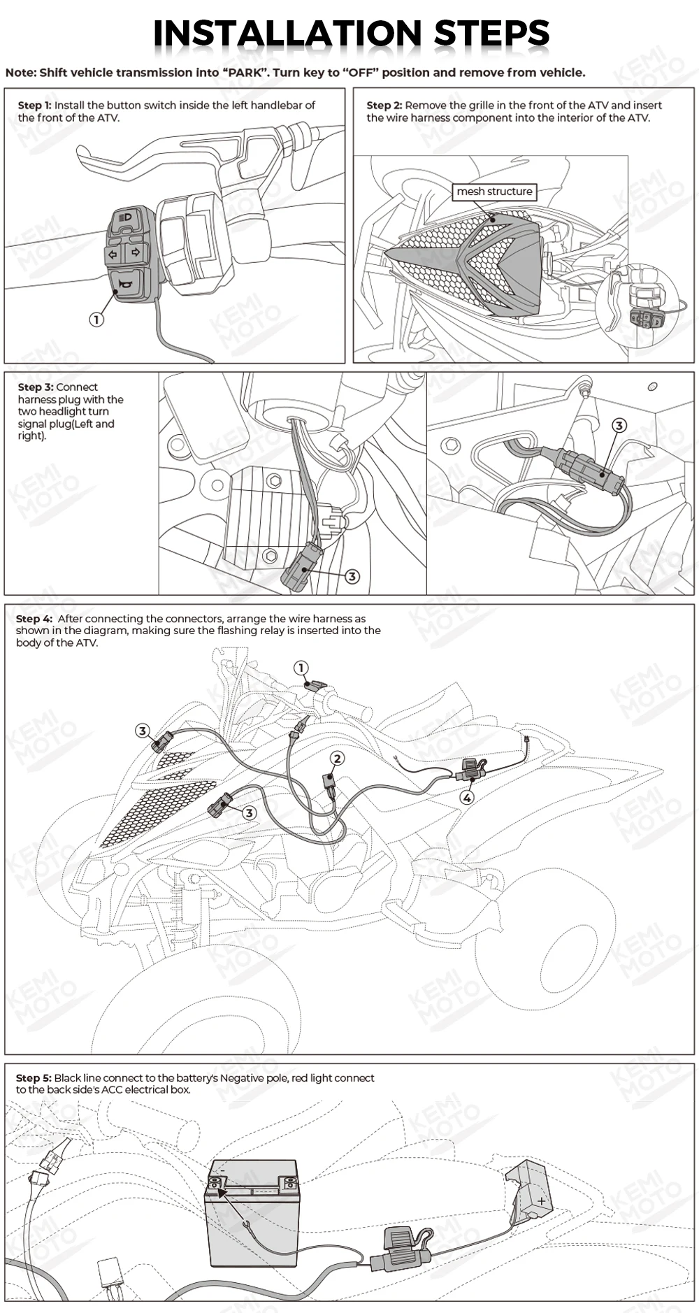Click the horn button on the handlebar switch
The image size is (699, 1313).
tap(127, 285)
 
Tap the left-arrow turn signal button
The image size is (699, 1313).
tap(113, 254)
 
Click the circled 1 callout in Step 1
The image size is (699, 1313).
tap(96, 320)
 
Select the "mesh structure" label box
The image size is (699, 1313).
tap(494, 192)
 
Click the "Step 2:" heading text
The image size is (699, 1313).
tap(384, 106)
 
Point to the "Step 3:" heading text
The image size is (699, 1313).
tap(36, 387)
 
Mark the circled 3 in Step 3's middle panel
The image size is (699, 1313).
tap(352, 576)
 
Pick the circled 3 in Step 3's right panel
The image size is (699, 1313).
tap(619, 425)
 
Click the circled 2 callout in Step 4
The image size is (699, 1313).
tap(338, 759)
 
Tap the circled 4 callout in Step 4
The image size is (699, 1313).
tap(467, 797)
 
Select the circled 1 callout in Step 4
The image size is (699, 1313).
tap(301, 668)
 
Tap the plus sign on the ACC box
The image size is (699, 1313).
tap(541, 1201)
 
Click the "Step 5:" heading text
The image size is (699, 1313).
tap(34, 1078)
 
